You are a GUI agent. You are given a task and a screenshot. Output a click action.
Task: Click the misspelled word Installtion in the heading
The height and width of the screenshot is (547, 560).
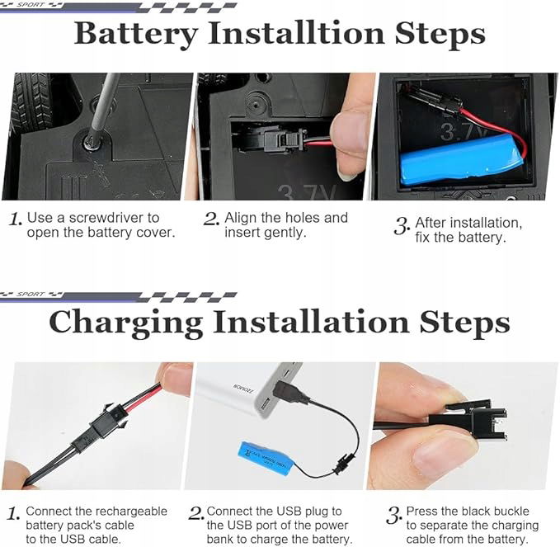[x=296, y=33]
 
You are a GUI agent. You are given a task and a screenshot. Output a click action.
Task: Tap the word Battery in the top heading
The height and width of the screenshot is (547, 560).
[x=136, y=35]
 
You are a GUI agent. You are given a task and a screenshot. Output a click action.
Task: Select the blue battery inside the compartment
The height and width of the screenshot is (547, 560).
[x=462, y=162]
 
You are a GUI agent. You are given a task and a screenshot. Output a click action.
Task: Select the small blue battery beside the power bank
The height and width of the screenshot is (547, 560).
[x=265, y=459]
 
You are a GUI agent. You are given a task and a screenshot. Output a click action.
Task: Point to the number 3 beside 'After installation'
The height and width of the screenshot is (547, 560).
[x=402, y=226]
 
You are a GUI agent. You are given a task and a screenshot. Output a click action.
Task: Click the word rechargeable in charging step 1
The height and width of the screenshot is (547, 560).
[x=131, y=512]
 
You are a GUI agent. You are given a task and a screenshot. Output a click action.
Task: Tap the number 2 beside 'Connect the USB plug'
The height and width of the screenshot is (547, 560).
[x=196, y=513]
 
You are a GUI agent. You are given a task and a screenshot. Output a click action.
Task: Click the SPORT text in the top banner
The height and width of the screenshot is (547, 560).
[x=30, y=5]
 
